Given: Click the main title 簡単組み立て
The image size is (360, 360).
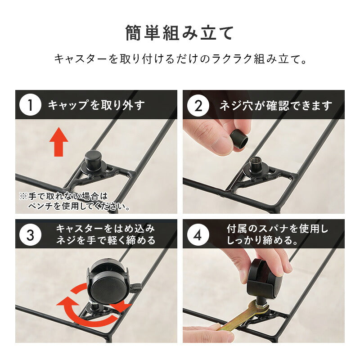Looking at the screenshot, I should click(180, 33).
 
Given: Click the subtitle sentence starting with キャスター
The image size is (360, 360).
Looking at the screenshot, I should click(180, 59).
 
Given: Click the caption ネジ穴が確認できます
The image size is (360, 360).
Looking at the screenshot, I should click(275, 105).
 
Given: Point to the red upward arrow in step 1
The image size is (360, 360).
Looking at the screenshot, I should click(58, 141).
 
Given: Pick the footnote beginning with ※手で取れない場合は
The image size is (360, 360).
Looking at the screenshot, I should click(75, 202).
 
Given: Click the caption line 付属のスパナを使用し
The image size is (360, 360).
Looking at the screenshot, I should click(277, 229).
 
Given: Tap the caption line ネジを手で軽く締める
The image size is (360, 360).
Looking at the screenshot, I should click(105, 241).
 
